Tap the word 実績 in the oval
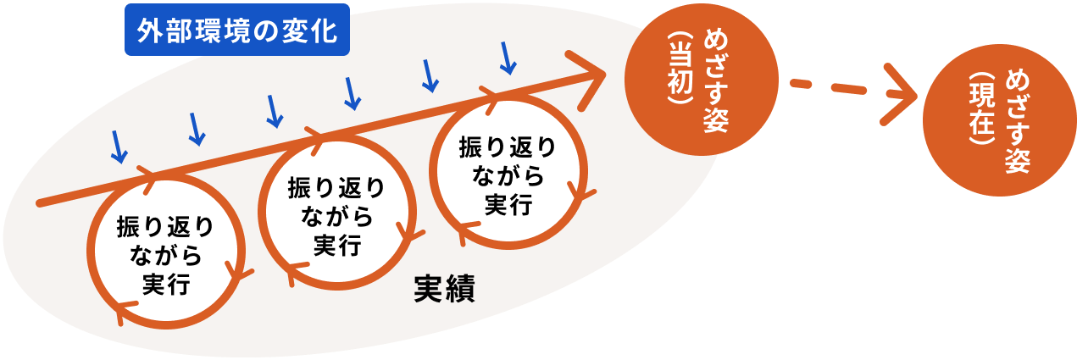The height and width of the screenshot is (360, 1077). (443, 290)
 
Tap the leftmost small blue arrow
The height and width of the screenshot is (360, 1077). (118, 147)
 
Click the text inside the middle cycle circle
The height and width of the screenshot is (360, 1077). (336, 216)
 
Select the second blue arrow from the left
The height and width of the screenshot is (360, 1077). (196, 127)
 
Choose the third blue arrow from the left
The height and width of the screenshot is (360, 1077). (273, 110)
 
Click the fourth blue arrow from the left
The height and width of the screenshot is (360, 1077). (352, 92)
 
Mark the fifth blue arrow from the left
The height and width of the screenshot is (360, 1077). (430, 75)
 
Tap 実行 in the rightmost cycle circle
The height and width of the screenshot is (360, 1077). (508, 204)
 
